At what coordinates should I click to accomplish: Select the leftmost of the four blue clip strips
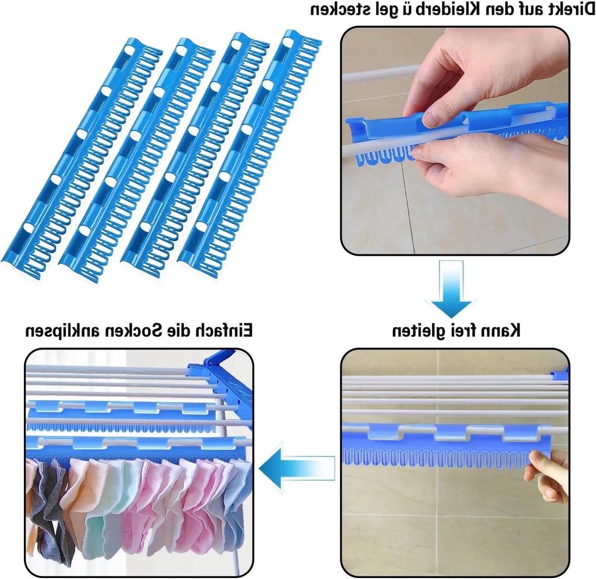(82, 156)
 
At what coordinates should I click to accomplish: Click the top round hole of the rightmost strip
(287, 43)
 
